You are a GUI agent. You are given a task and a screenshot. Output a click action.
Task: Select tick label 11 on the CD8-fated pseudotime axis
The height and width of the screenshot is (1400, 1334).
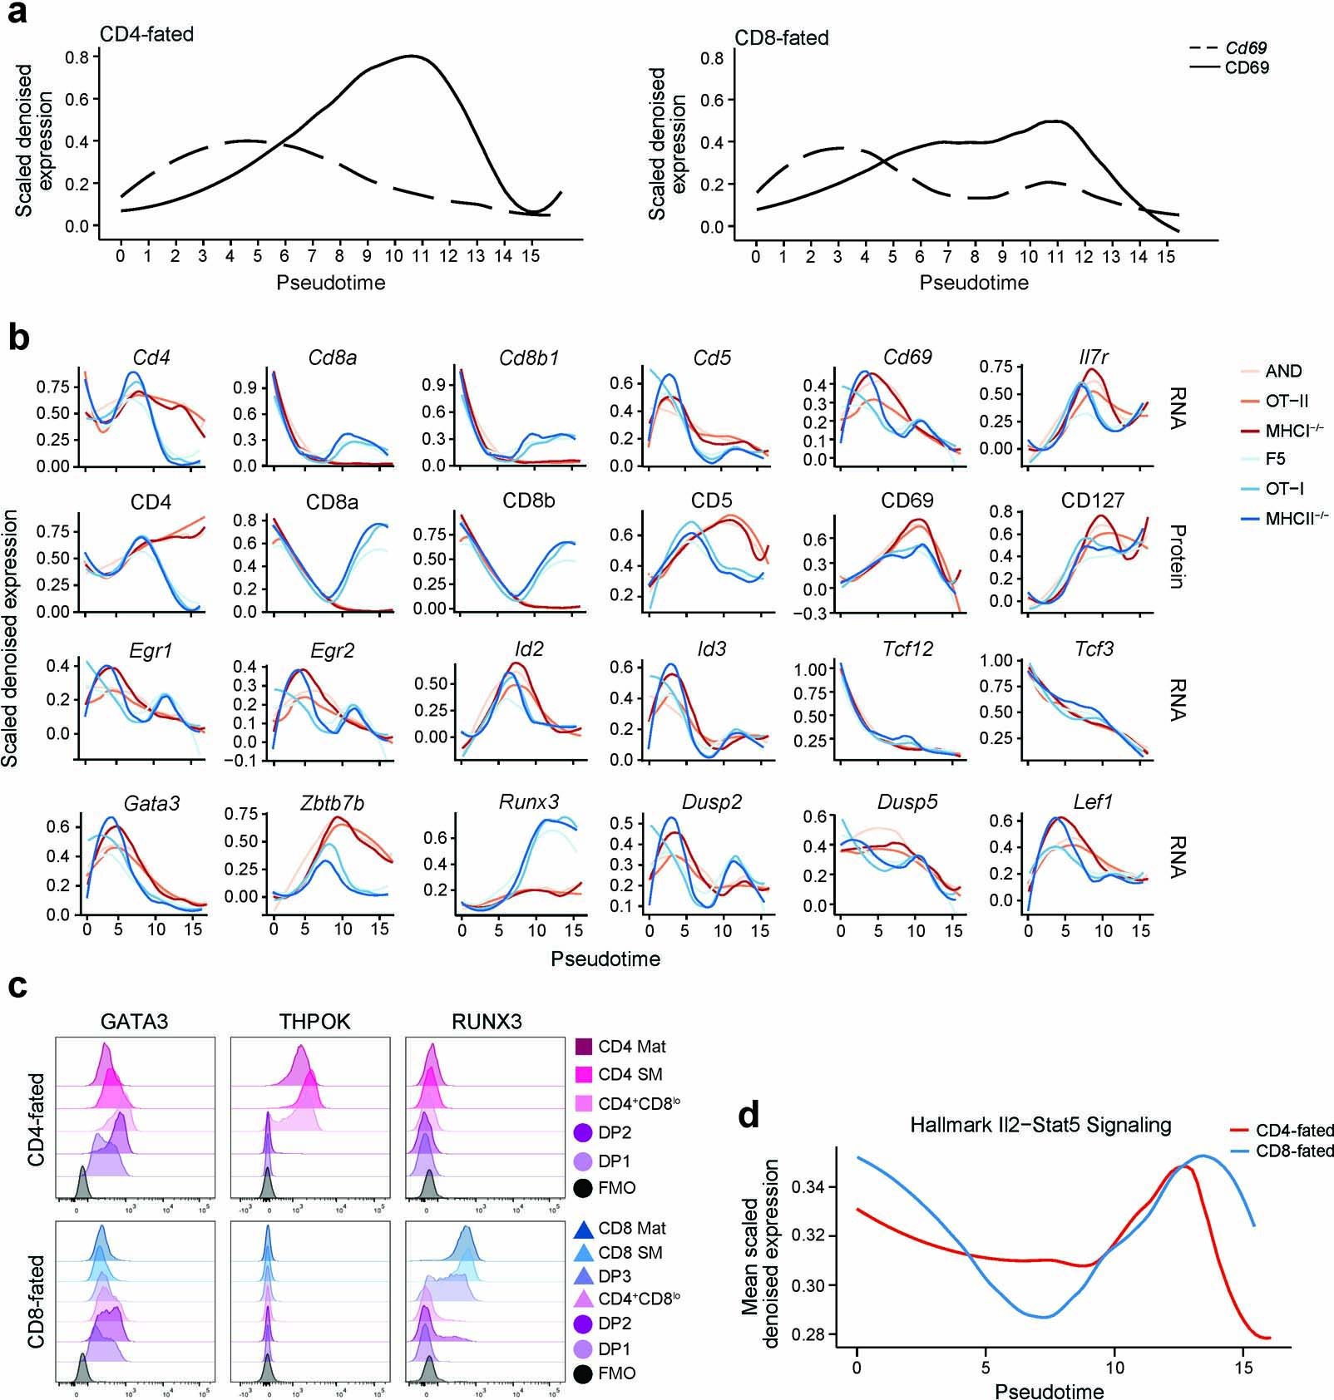(x=1055, y=257)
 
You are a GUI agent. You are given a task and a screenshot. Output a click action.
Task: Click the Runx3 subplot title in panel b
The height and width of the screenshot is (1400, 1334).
(x=528, y=802)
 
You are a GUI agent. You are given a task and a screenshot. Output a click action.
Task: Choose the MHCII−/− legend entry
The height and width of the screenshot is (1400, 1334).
(x=1296, y=518)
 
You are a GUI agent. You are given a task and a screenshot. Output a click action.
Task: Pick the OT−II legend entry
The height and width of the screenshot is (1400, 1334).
(x=1287, y=401)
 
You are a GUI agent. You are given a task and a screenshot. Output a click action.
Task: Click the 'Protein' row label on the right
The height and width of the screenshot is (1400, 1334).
(x=1176, y=556)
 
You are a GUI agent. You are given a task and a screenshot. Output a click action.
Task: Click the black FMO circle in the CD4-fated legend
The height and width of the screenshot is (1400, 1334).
(x=583, y=1188)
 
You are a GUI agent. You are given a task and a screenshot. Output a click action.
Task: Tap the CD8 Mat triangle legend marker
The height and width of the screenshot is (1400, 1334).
(x=583, y=1228)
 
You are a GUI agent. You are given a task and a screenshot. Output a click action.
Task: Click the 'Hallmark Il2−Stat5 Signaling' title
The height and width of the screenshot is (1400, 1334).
(x=1040, y=1126)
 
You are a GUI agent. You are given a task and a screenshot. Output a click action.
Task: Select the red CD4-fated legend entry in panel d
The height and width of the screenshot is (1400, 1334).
(x=1281, y=1131)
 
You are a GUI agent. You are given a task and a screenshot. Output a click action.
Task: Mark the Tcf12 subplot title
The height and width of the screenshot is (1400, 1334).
(x=907, y=649)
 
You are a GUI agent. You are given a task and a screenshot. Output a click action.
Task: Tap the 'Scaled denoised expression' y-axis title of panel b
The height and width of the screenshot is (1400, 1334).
(x=12, y=638)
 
